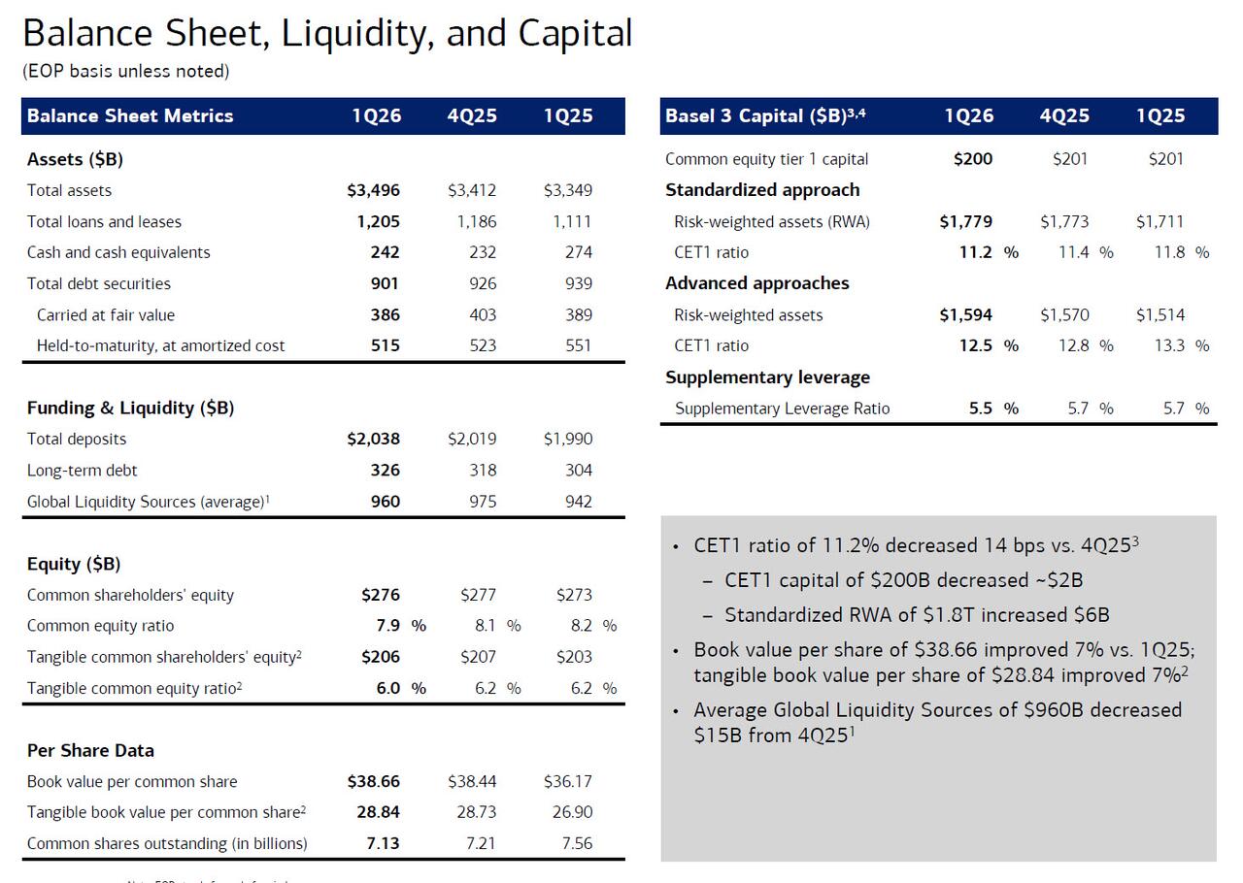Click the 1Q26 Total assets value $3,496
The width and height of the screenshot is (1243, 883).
(373, 190)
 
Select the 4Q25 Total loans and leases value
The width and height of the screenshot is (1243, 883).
(476, 221)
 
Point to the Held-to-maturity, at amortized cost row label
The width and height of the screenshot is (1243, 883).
(161, 345)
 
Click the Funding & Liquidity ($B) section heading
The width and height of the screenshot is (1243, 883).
(130, 408)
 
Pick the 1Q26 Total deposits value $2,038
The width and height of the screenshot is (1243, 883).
(373, 439)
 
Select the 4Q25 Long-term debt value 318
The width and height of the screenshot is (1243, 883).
(482, 471)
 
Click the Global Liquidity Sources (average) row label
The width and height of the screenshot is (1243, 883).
(148, 502)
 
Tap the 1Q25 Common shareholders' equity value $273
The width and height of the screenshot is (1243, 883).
(574, 595)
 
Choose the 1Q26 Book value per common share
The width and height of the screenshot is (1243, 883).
(373, 781)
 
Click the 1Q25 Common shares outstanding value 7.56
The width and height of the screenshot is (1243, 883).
(577, 843)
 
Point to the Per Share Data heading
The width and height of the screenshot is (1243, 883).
(90, 750)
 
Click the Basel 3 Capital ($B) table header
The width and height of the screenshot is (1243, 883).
(764, 115)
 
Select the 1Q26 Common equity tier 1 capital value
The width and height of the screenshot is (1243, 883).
(973, 159)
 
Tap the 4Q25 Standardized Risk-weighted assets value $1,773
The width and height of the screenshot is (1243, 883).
(1064, 221)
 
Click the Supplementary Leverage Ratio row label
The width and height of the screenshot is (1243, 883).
(782, 409)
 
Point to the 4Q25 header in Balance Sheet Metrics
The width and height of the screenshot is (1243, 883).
(472, 115)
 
